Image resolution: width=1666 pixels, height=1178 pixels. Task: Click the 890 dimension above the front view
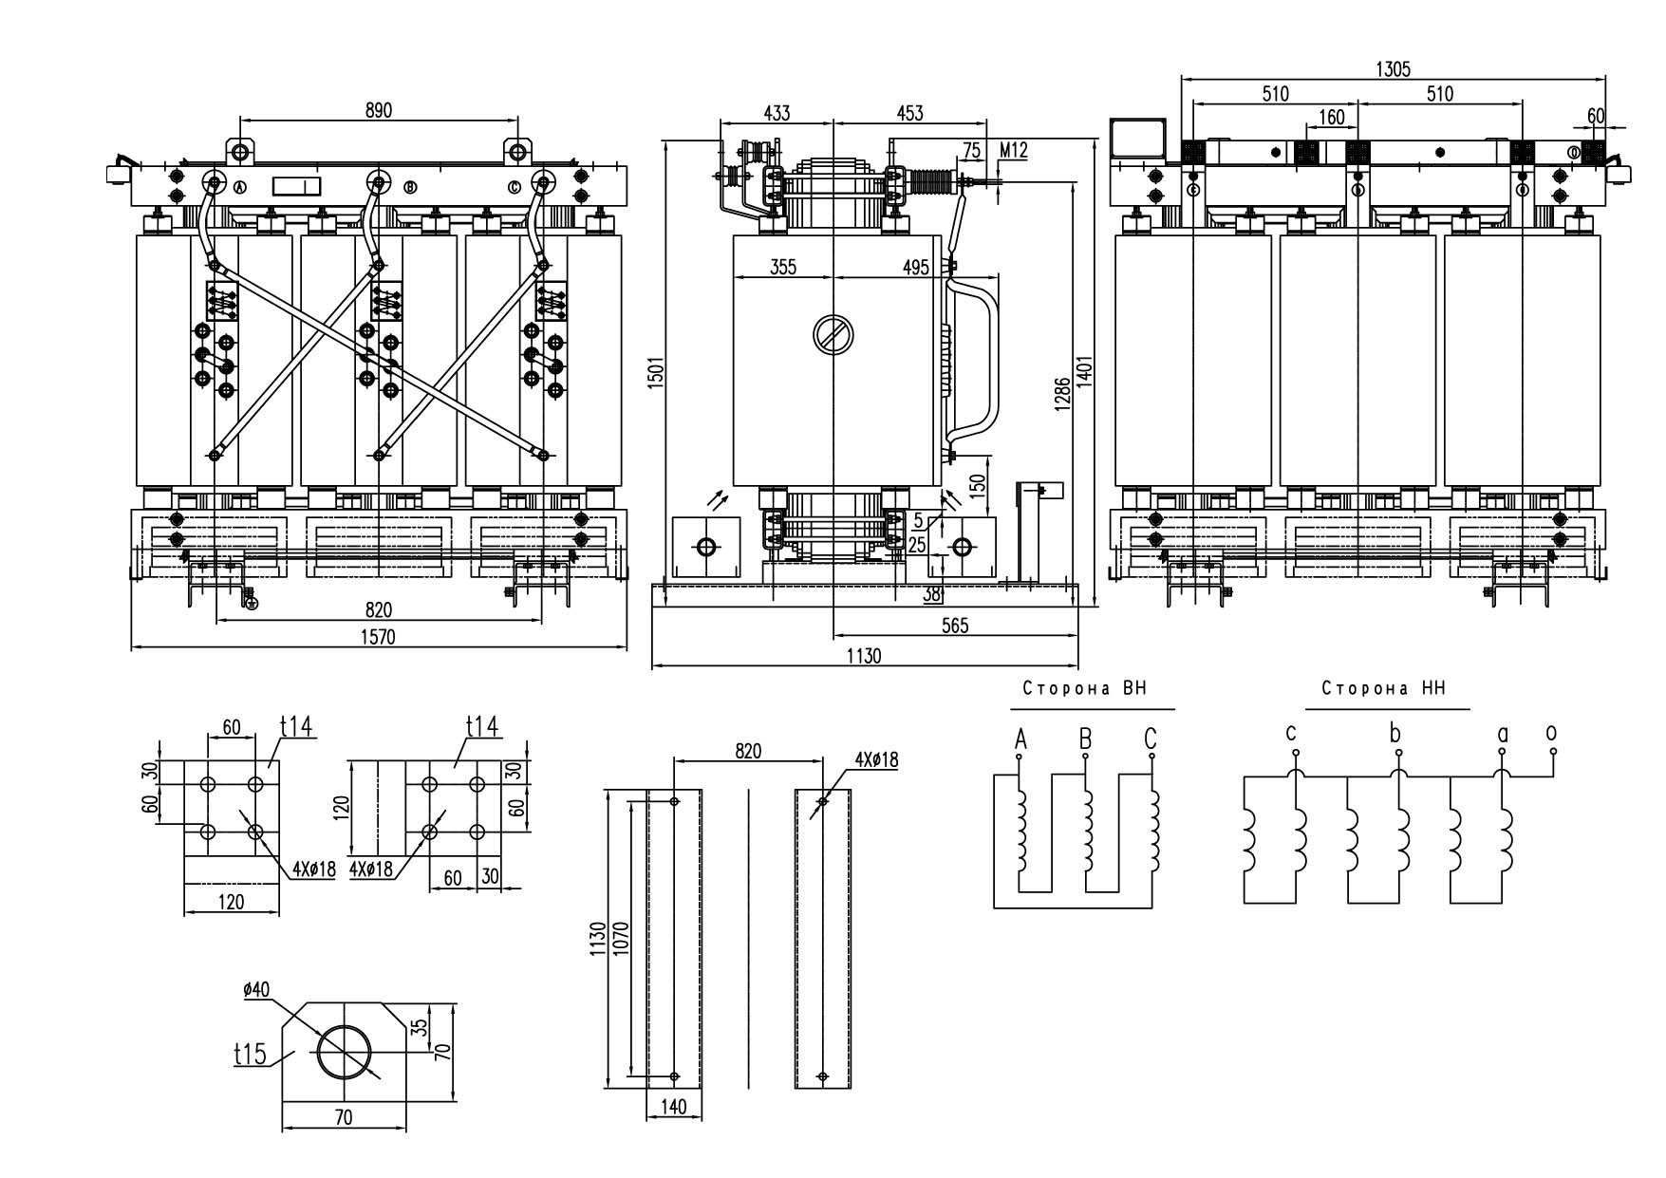378,110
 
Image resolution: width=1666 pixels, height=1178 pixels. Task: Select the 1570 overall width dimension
378,637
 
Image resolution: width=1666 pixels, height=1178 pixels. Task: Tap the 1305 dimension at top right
1393,68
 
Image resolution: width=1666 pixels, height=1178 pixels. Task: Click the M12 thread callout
1014,150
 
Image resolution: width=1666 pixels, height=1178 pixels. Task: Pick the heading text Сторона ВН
1084,689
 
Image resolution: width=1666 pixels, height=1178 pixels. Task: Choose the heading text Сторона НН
1383,689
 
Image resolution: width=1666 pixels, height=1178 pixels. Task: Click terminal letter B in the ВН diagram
1085,739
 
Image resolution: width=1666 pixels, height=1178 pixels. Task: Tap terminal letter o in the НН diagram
1551,733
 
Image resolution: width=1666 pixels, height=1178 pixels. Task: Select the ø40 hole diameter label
256,989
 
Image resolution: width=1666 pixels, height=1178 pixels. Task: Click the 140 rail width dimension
673,1106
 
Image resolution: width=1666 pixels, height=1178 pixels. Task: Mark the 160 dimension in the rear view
1332,117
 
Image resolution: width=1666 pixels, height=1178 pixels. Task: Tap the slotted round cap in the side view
833,334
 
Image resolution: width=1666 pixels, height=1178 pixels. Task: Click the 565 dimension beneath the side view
954,626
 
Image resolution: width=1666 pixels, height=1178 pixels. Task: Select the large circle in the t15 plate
346,1052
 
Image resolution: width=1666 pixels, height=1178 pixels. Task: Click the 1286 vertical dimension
1063,394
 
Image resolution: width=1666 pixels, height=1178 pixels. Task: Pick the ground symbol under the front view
251,604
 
